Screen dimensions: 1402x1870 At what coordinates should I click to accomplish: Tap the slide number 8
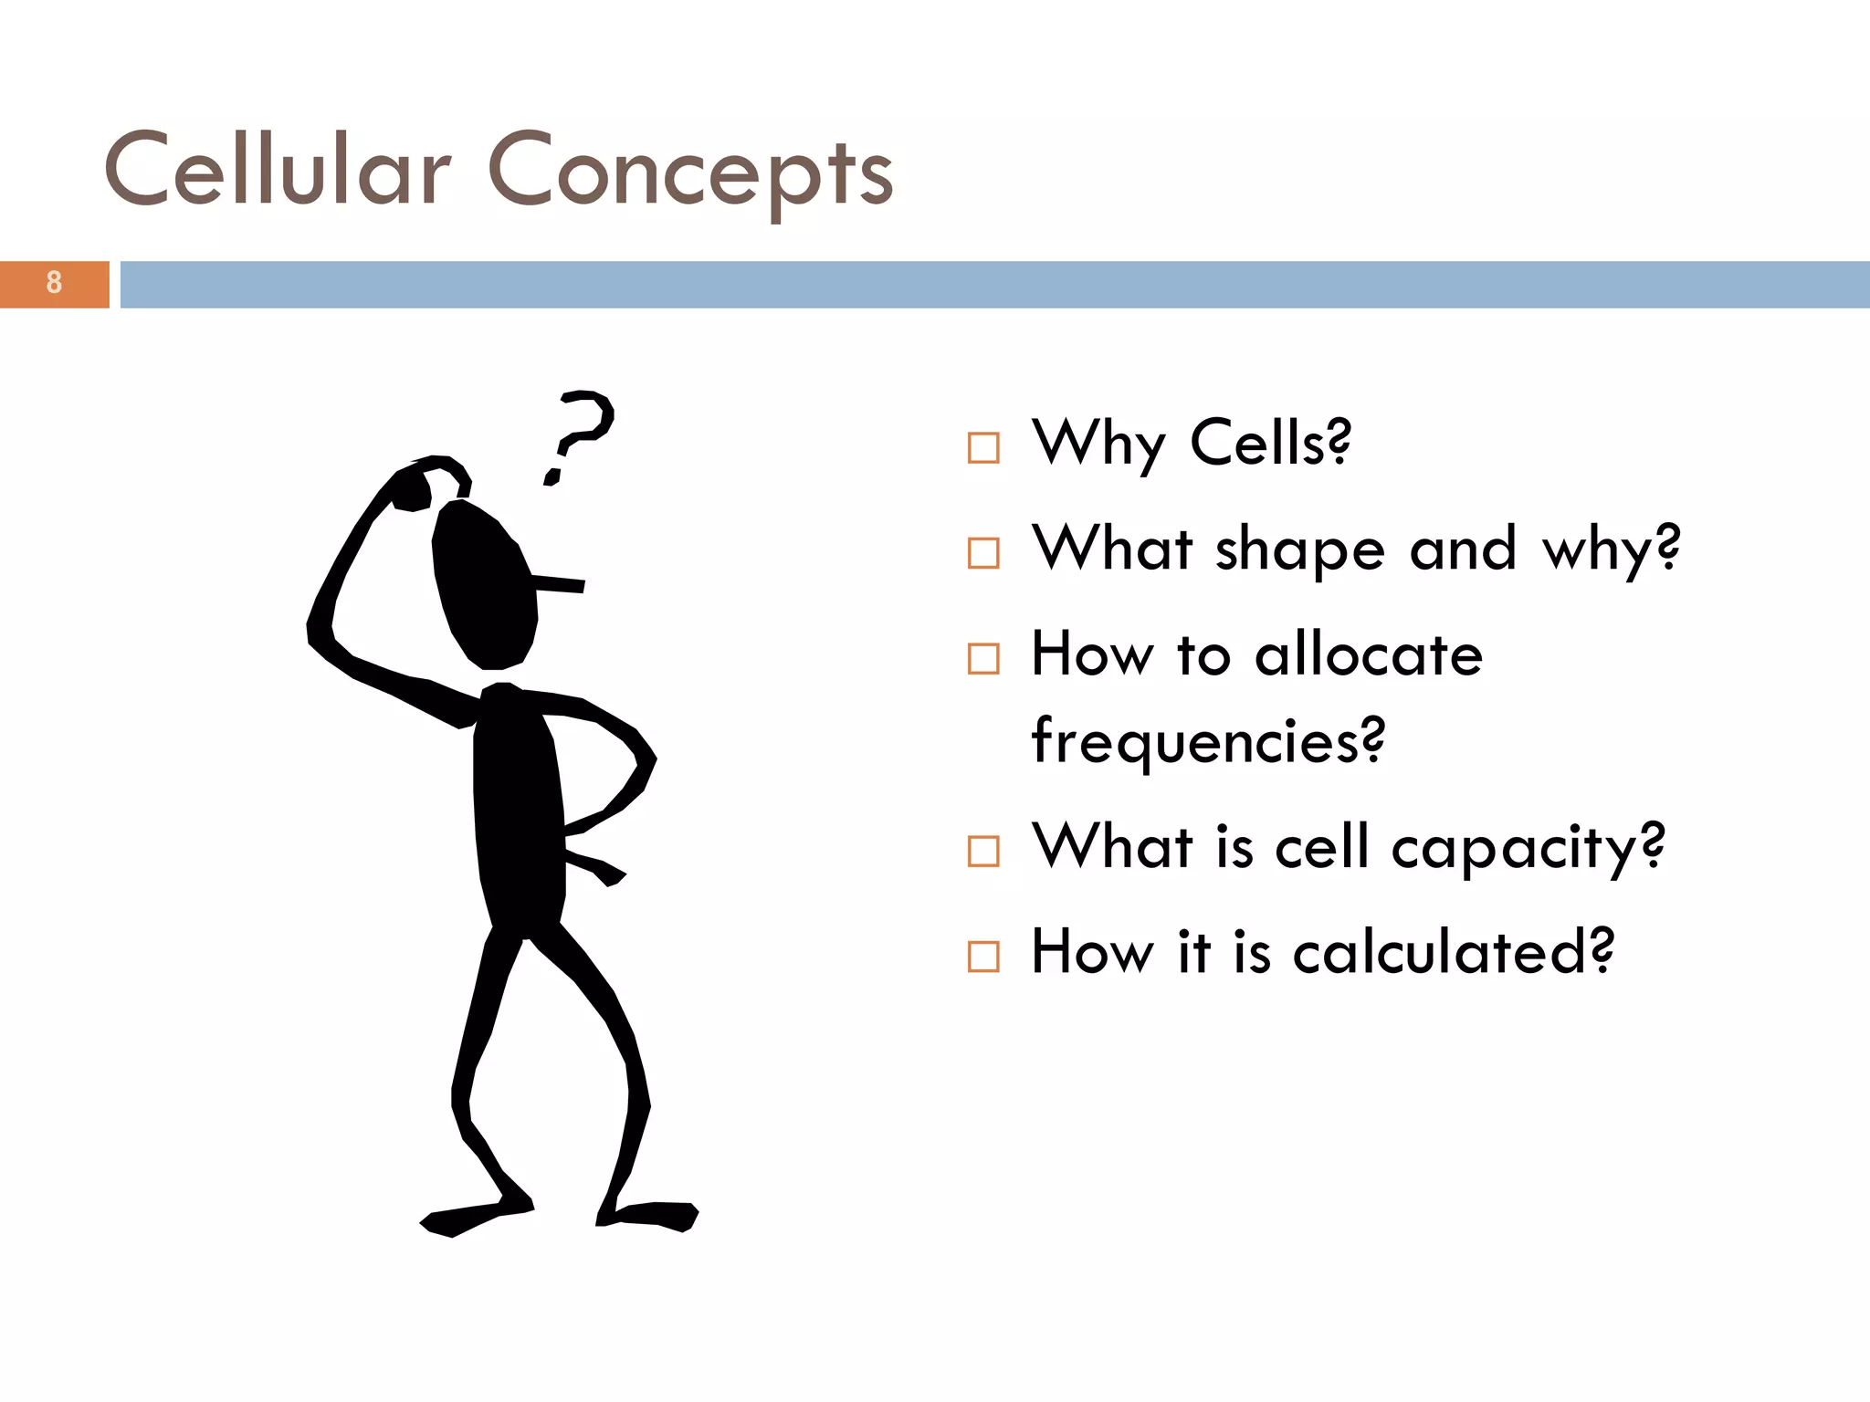click(54, 283)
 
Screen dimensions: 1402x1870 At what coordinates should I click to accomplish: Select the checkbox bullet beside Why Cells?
click(983, 447)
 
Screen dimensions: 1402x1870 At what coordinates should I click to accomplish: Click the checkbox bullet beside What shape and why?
click(983, 553)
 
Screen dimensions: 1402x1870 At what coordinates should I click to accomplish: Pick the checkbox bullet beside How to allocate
click(983, 658)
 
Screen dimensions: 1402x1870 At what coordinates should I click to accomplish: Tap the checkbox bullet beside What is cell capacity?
click(983, 852)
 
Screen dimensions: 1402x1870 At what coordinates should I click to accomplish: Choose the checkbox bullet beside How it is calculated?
click(983, 957)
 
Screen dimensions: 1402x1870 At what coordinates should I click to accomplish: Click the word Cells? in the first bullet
click(1269, 443)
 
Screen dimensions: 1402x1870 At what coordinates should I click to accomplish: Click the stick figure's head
click(484, 584)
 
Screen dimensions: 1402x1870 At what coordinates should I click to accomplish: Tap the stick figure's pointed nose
click(559, 583)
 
